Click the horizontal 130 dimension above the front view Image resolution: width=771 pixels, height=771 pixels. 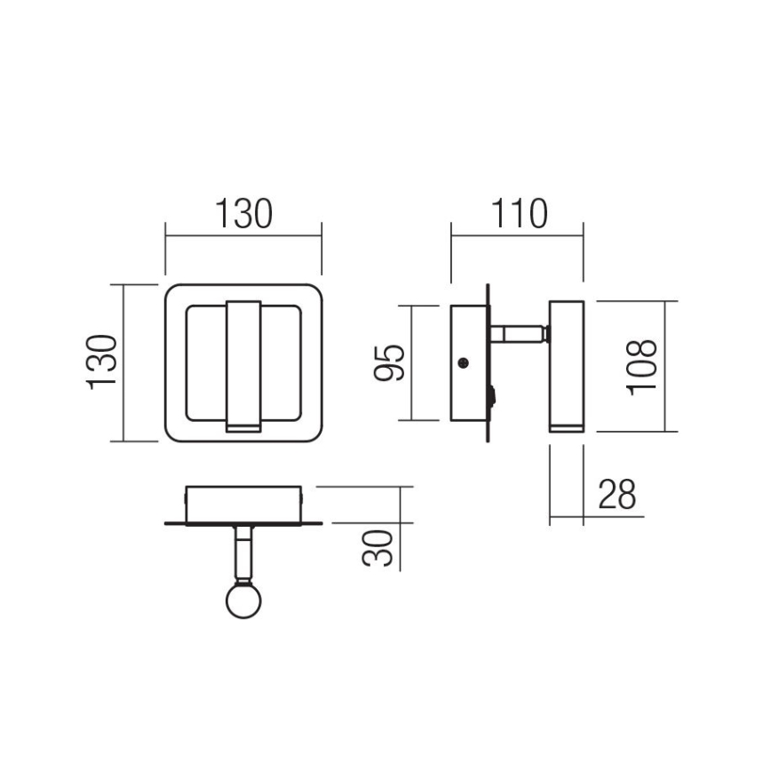point(243,215)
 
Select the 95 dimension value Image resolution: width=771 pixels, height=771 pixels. point(389,362)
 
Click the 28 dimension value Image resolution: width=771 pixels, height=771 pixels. point(617,495)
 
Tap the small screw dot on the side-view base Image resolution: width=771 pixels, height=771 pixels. point(463,362)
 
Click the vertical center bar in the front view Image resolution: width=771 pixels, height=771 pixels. point(243,362)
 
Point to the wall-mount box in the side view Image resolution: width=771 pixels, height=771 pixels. point(467,362)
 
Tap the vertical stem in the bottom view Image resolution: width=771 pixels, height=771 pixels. point(242,551)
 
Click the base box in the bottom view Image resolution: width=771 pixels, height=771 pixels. point(244,503)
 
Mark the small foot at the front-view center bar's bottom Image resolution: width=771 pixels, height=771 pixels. point(243,428)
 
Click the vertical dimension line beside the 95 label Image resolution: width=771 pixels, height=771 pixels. point(412,362)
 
